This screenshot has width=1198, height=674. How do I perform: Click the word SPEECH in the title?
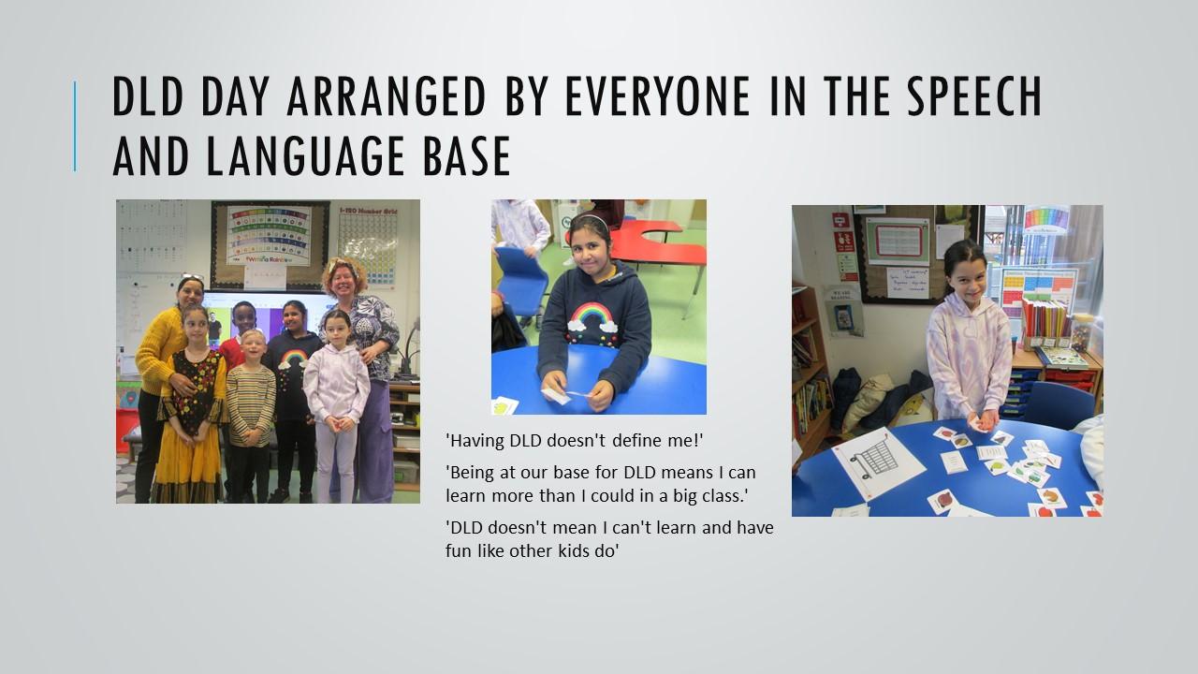(974, 95)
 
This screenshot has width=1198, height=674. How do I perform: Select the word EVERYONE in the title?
(657, 95)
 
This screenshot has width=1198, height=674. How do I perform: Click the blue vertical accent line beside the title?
(75, 126)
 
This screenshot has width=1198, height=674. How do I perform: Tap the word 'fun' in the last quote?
(459, 550)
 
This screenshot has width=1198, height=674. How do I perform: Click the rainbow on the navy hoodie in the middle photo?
(591, 315)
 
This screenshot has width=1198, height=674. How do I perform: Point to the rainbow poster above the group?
(269, 235)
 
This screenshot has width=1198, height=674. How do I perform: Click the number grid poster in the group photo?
(369, 245)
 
